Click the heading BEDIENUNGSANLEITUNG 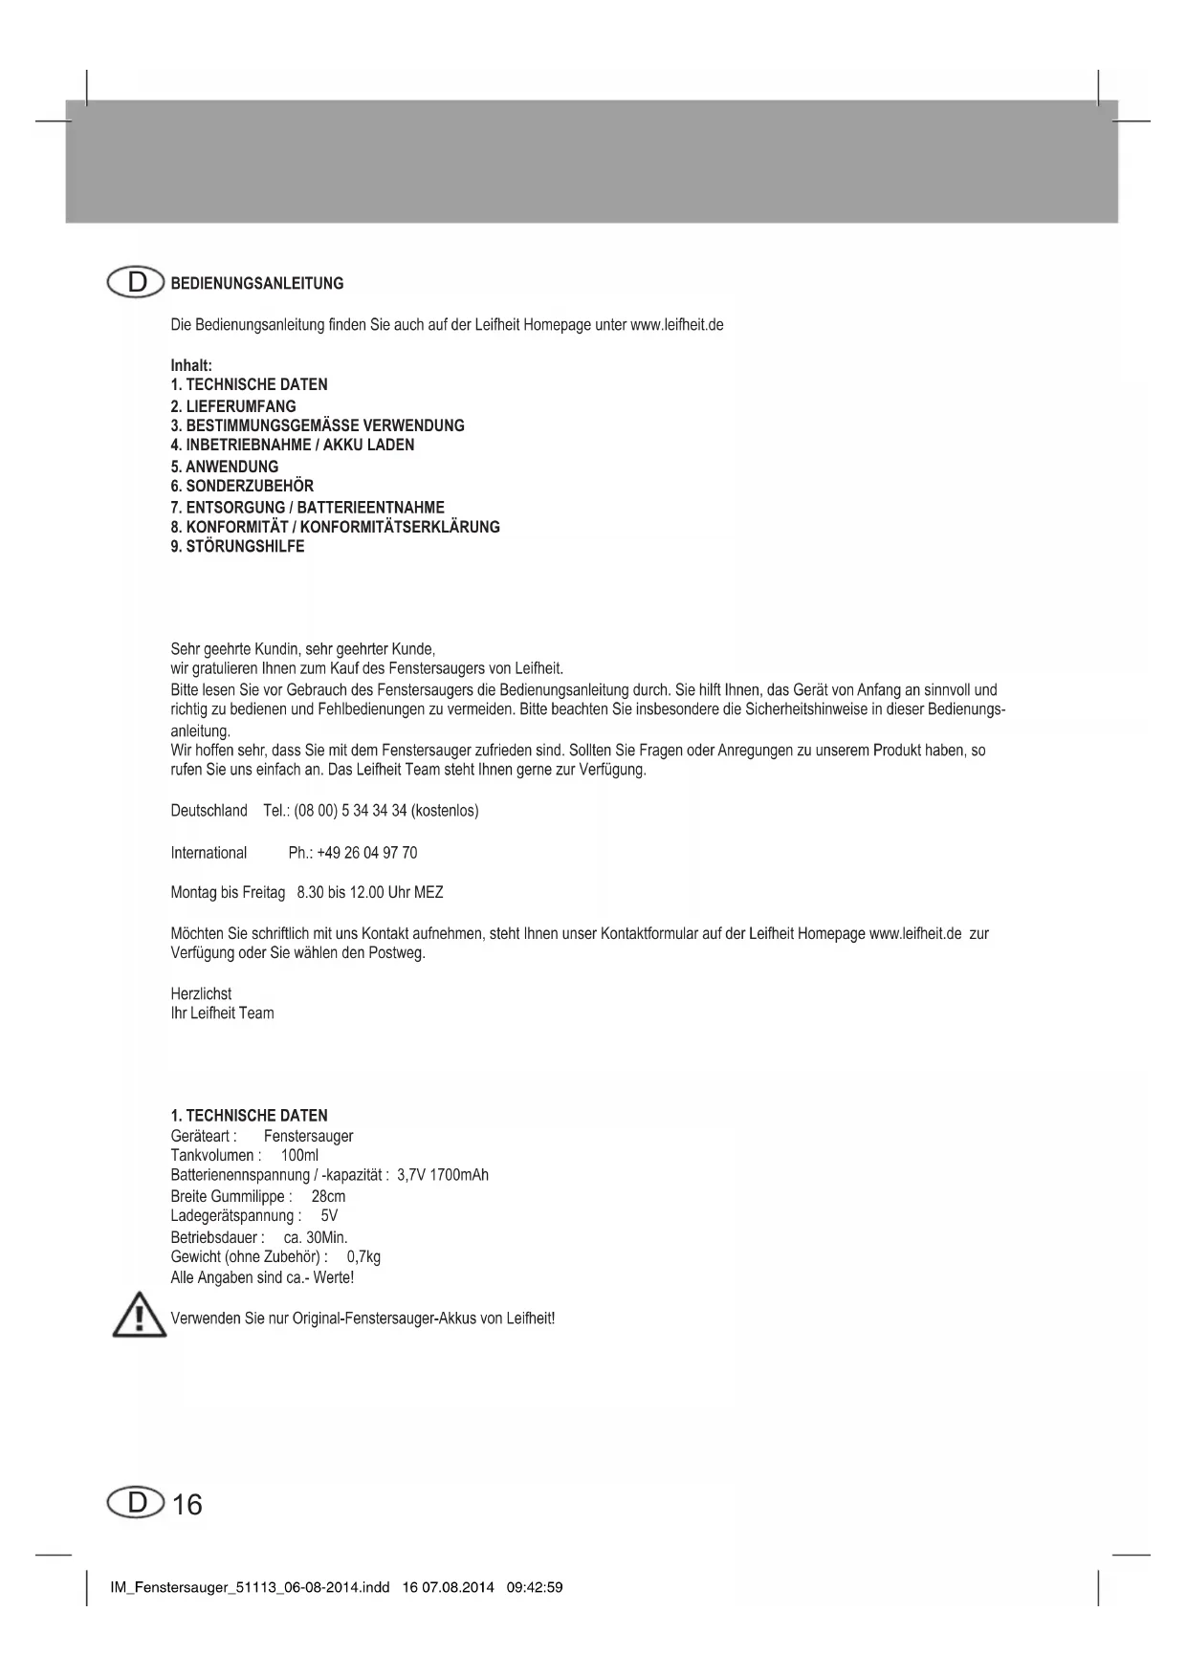256,283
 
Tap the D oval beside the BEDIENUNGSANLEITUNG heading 137,283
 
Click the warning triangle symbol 140,1316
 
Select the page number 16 187,1505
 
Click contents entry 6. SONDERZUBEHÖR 242,486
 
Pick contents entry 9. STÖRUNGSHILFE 237,546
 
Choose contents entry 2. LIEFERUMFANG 233,405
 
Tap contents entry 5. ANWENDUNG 225,467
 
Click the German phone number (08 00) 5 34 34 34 351,811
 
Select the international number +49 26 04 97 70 366,853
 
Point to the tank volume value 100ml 299,1155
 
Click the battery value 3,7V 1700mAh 442,1175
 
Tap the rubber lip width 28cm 328,1196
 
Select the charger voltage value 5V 329,1216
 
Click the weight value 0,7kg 363,1256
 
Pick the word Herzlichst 201,993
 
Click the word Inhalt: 191,365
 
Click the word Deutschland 209,811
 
